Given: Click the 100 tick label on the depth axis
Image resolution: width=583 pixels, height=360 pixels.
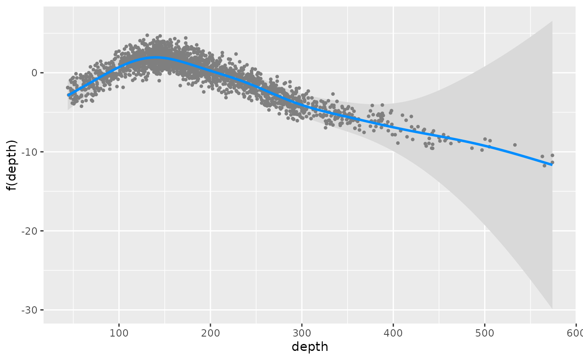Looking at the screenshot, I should (118, 333).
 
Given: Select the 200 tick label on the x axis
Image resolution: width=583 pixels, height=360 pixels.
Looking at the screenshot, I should (210, 333).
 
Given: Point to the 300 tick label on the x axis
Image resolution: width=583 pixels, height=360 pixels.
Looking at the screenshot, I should (301, 333).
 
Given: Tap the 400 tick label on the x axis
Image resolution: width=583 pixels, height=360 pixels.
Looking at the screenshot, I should (393, 333).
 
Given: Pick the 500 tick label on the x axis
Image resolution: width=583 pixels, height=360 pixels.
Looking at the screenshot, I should (485, 333).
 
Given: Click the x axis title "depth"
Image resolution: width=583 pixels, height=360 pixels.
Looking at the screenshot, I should (310, 347).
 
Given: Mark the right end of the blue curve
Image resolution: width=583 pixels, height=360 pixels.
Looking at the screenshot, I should (552, 164).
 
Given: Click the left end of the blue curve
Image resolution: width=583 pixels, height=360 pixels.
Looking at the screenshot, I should (68, 95).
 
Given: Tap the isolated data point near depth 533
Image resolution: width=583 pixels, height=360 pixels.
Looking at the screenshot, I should (515, 145).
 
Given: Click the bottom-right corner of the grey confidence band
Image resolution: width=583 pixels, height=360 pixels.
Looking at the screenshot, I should (552, 308).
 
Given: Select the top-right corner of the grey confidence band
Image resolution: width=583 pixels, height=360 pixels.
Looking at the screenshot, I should (552, 21).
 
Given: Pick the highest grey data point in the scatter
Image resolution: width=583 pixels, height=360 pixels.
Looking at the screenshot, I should (147, 35).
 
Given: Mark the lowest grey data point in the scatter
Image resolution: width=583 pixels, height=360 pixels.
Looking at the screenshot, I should (544, 165).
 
